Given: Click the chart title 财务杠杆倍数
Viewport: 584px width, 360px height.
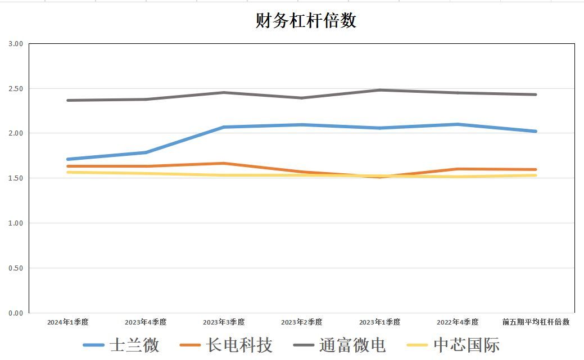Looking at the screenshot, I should point(306,21).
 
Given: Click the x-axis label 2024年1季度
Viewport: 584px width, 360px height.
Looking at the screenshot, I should point(67,322).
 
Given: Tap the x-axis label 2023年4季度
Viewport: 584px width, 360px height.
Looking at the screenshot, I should point(146,322).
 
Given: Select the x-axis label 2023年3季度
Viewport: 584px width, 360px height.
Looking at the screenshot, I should point(224,322).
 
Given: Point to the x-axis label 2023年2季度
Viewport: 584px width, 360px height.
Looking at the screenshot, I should point(302,322).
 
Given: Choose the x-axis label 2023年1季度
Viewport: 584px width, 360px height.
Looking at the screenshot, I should point(380,322).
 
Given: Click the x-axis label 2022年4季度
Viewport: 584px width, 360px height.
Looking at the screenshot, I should point(458,322).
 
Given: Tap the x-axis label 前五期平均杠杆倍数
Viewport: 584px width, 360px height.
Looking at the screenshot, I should point(536,322).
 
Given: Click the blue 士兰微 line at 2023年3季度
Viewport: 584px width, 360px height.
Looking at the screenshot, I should point(224,127).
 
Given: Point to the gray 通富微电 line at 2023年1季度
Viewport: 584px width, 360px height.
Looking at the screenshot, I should point(380,90).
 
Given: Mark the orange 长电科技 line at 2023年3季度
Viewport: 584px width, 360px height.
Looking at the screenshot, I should point(224,163).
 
